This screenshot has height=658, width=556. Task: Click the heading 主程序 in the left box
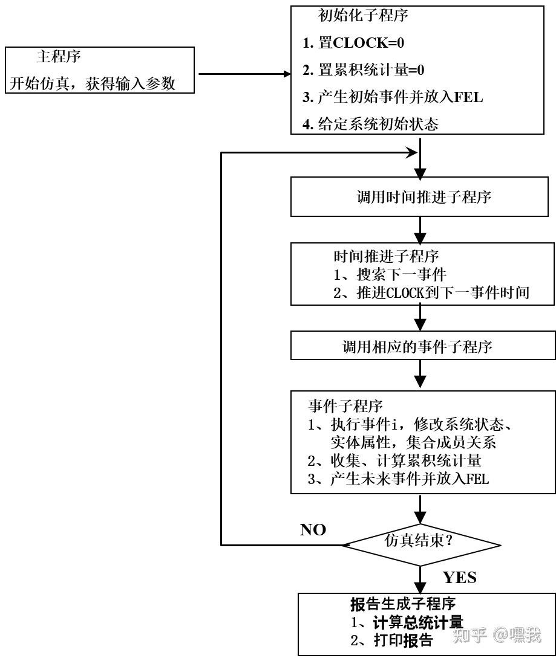click(59, 57)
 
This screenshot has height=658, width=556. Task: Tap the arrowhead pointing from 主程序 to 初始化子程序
click(286, 75)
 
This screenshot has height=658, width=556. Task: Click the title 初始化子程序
click(363, 16)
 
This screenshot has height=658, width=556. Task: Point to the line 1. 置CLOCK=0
click(353, 43)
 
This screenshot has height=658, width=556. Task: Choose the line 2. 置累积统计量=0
click(364, 70)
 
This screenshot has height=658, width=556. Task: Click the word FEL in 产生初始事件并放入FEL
click(468, 97)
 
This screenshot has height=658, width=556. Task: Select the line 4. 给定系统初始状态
click(370, 124)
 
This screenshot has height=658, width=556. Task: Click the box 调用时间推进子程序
click(423, 197)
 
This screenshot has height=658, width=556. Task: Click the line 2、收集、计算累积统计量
click(394, 460)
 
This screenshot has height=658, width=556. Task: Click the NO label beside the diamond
click(313, 530)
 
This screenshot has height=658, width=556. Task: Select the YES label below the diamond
click(459, 577)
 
